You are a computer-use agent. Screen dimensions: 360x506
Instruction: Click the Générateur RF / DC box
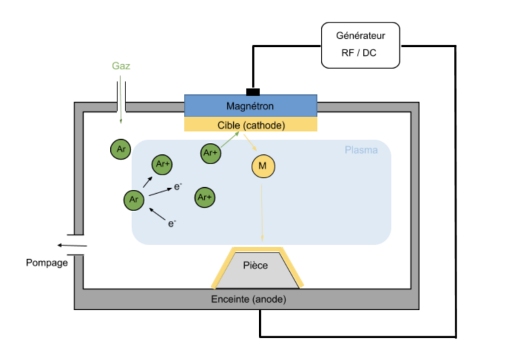pos(360,45)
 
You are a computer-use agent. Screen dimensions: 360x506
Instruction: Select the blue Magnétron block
pos(250,105)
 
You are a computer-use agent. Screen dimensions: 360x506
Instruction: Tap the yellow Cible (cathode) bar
pos(250,125)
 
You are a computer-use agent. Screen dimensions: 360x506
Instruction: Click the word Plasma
pos(361,150)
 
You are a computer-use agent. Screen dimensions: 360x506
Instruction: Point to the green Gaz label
pos(121,67)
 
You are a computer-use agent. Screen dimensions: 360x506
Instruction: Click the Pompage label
pos(47,263)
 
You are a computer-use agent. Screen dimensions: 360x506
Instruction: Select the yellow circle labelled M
pos(263,166)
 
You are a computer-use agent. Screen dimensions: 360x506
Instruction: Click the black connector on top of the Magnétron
pos(252,91)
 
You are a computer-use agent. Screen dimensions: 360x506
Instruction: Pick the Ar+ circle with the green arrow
pos(210,154)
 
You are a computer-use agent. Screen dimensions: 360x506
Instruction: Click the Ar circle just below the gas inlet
pos(120,149)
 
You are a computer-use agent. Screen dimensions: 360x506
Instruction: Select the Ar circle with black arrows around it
pos(134,198)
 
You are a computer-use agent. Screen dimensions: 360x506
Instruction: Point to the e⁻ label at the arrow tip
pos(178,187)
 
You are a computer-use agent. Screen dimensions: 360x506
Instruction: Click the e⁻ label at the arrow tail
pos(172,224)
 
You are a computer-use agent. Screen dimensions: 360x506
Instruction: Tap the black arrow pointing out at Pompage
pos(72,245)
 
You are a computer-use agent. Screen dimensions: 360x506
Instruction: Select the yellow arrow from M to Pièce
pos(262,211)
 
